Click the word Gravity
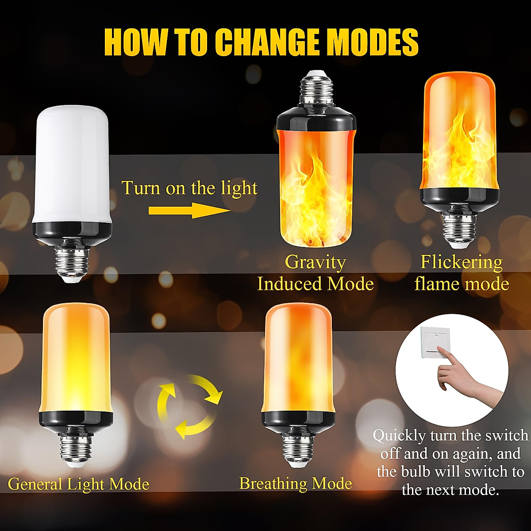point(315,262)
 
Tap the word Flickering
point(462,262)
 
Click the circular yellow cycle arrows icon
point(190,406)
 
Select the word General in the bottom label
point(36,484)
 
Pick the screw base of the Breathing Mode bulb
point(297,442)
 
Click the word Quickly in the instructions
point(399,436)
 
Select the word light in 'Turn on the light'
point(239,188)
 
